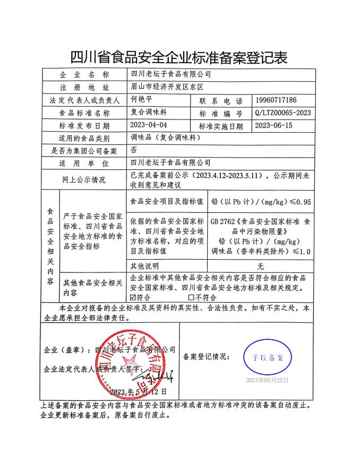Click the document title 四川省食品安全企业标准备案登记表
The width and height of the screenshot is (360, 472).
(x=179, y=57)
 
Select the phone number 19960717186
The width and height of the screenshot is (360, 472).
(x=283, y=100)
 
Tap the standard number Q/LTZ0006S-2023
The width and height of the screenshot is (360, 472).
(x=283, y=113)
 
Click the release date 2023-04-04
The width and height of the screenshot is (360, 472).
(x=149, y=126)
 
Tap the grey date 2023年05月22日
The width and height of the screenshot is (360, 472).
(x=267, y=380)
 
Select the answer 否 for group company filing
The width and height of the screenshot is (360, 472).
(x=133, y=151)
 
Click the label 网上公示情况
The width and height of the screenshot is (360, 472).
(x=84, y=180)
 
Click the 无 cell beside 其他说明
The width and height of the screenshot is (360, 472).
(x=260, y=265)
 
